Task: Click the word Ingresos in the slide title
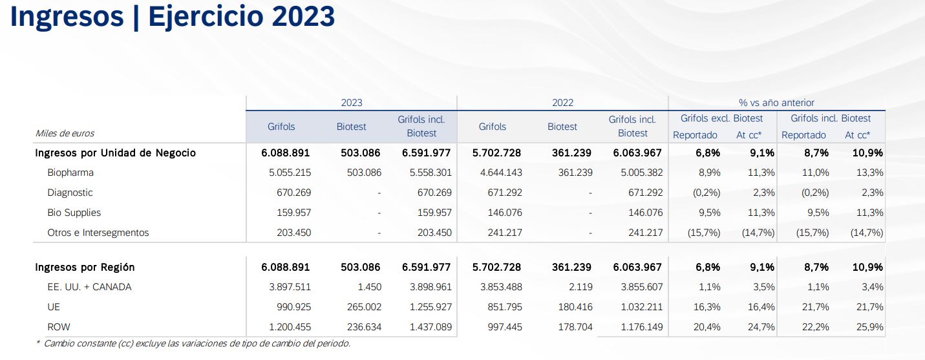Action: (66, 17)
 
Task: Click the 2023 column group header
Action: (352, 103)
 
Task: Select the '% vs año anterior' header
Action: (776, 103)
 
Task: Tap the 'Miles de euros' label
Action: (65, 133)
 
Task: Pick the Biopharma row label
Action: (70, 173)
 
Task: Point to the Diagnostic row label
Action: (70, 193)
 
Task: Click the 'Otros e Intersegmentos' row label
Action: (98, 233)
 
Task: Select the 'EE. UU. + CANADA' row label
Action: (89, 287)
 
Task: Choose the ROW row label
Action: (59, 327)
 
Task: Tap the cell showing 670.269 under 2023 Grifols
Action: (293, 193)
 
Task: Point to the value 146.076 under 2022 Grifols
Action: (505, 213)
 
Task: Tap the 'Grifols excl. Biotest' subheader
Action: (721, 118)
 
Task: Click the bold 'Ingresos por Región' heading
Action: (85, 267)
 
